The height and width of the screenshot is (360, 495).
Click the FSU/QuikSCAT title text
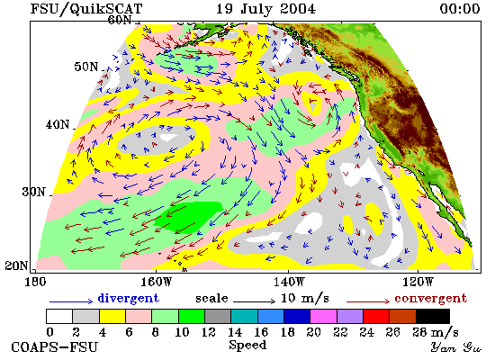click(86, 9)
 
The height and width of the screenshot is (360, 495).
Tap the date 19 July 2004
click(265, 9)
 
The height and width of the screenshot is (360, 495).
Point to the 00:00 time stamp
click(460, 9)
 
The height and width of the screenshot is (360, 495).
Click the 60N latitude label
click(120, 20)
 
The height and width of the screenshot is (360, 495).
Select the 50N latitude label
click(85, 67)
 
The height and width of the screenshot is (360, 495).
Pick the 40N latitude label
click(57, 124)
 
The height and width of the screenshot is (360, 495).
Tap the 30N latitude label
click(34, 192)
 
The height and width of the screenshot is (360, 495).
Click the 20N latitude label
click(16, 265)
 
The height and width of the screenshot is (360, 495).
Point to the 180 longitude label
click(35, 282)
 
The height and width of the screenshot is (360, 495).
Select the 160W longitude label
click(156, 282)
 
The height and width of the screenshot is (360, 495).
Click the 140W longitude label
click(289, 282)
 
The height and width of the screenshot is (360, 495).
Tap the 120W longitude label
click(418, 282)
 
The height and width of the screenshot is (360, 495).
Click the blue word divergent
click(128, 298)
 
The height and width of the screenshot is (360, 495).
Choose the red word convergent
click(430, 299)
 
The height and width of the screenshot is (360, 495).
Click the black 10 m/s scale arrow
click(255, 301)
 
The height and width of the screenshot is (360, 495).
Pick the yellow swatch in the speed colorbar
click(112, 317)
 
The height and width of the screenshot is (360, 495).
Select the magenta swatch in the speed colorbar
click(324, 317)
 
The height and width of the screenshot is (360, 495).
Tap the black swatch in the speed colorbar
click(433, 317)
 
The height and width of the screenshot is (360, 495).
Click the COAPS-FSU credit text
click(54, 347)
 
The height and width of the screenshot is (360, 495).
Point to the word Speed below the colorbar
click(247, 346)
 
